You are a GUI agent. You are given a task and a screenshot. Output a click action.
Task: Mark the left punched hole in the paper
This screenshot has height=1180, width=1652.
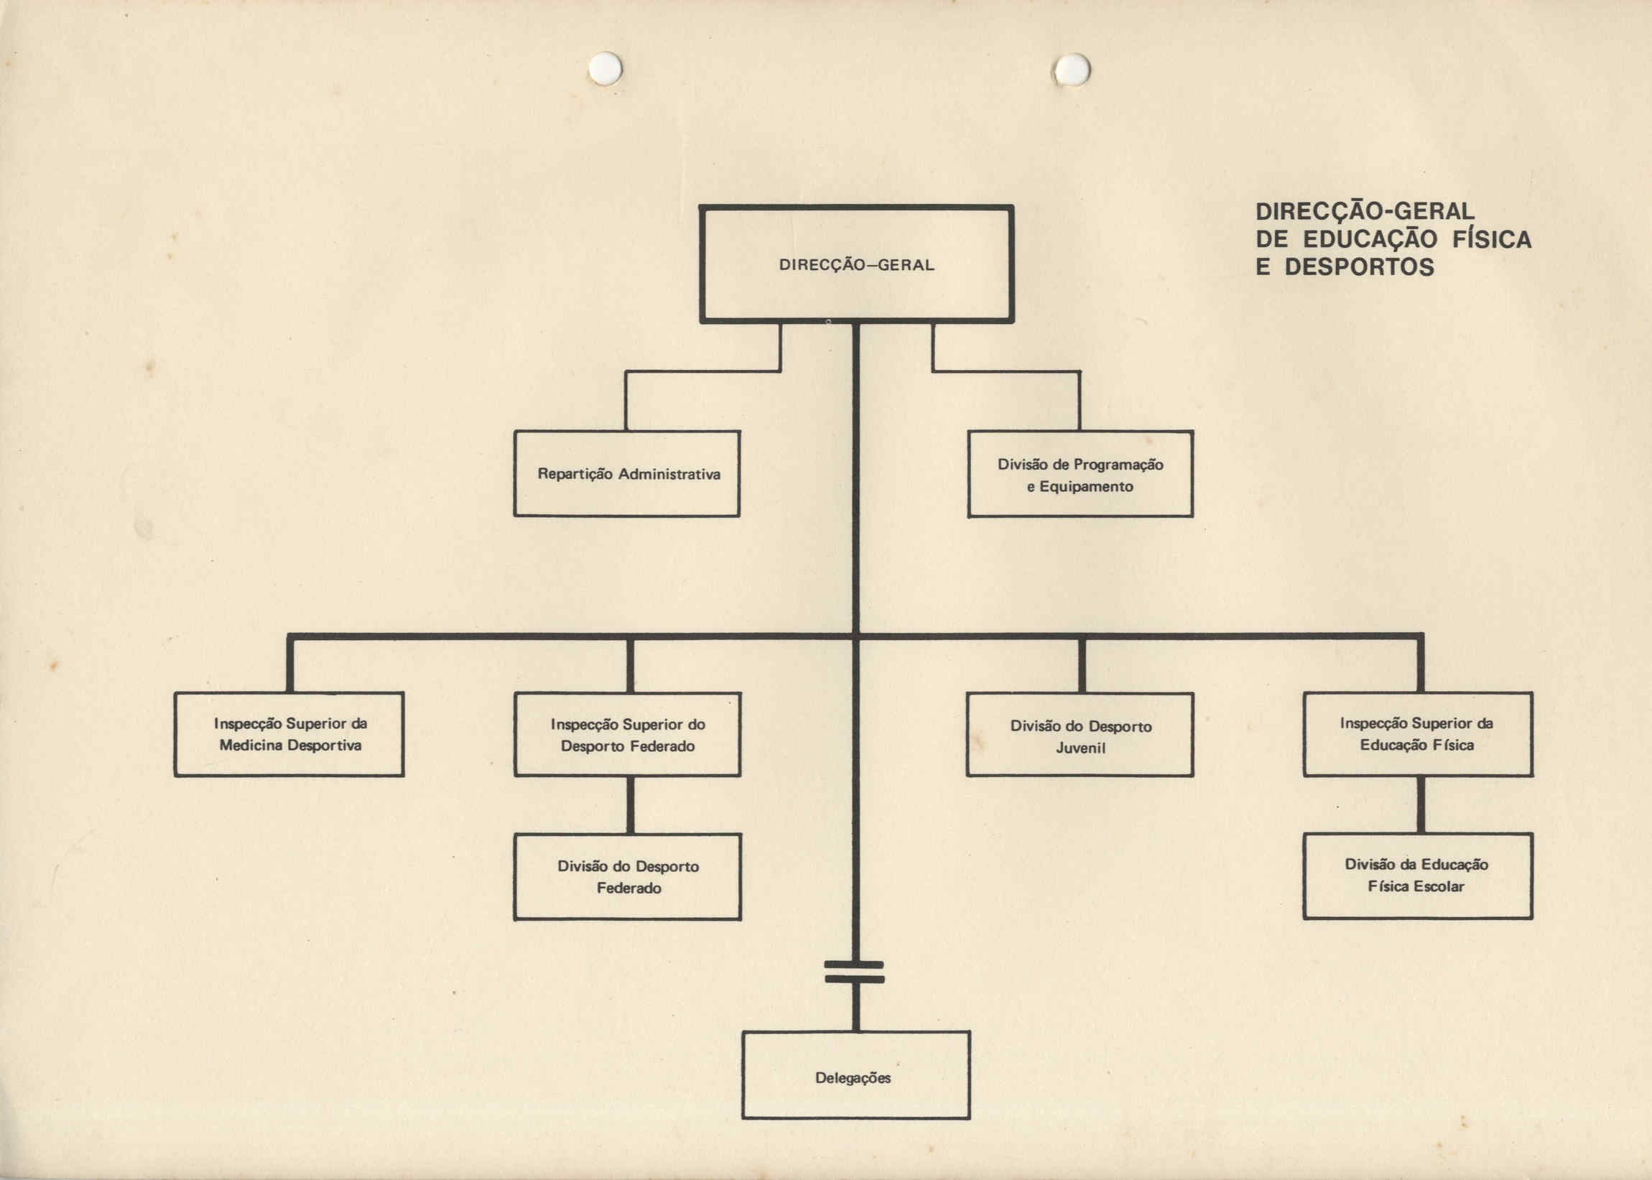pyautogui.click(x=605, y=68)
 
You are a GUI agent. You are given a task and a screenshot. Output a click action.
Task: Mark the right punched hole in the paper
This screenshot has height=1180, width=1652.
pyautogui.click(x=1072, y=70)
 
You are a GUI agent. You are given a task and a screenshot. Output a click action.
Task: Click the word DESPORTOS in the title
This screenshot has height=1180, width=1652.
pyautogui.click(x=1359, y=266)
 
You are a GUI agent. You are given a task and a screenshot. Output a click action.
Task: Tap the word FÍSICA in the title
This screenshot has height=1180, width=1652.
pyautogui.click(x=1492, y=238)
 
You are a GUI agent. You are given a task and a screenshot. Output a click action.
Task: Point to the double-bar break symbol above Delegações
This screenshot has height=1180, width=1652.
pyautogui.click(x=854, y=972)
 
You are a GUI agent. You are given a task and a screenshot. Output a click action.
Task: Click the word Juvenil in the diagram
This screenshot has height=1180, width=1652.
pyautogui.click(x=1080, y=748)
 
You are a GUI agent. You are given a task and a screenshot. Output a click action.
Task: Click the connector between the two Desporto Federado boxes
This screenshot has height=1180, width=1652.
pyautogui.click(x=630, y=805)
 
